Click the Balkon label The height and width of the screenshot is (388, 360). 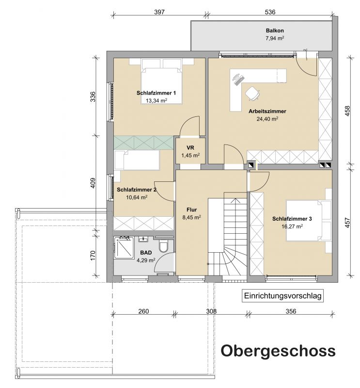[x=275, y=31]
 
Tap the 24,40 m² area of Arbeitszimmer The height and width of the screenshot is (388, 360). [x=267, y=119]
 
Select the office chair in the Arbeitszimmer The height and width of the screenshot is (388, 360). [x=253, y=93]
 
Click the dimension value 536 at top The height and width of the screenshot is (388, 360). [x=270, y=12]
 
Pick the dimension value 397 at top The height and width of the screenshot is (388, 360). [x=159, y=12]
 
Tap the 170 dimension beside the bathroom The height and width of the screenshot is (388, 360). [x=93, y=256]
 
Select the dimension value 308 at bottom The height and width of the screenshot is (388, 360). [x=211, y=311]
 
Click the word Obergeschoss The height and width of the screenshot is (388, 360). [x=278, y=351]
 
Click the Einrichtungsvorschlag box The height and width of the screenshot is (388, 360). [x=282, y=296]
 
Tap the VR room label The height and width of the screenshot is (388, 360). [x=190, y=148]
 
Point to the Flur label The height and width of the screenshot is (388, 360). [x=191, y=210]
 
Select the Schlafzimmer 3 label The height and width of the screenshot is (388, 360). [x=292, y=219]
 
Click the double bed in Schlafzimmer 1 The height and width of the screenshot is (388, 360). [x=162, y=81]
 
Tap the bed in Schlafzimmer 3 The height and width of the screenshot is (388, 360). [x=309, y=221]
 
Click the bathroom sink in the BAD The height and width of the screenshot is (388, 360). [x=143, y=239]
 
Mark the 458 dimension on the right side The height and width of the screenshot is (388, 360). [x=347, y=111]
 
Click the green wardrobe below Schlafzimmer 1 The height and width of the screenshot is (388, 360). [x=143, y=143]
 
